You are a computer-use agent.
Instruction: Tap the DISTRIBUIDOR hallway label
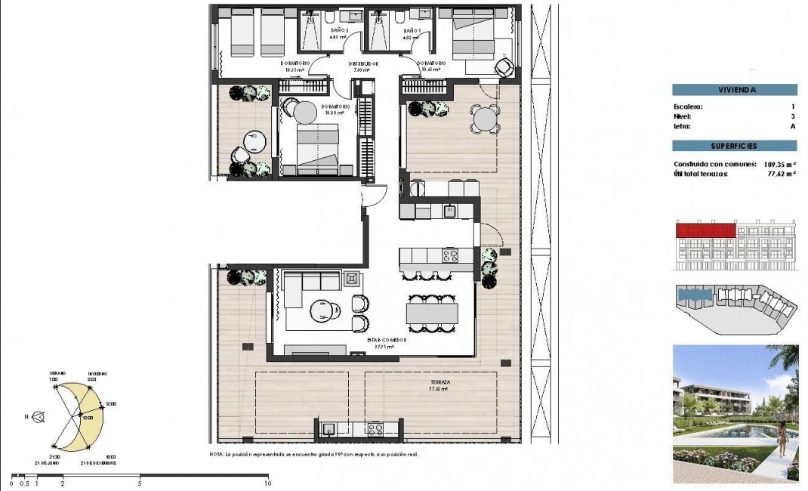(363, 66)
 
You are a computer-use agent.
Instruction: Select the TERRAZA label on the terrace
(439, 383)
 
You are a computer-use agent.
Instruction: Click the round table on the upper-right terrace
(485, 119)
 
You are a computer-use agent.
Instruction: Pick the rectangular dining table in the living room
(432, 311)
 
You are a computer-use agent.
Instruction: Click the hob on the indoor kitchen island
(450, 255)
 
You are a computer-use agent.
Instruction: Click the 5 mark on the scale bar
(140, 481)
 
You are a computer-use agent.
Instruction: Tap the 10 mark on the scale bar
(267, 481)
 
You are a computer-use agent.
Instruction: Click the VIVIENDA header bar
(734, 90)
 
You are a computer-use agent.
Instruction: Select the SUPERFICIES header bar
(734, 146)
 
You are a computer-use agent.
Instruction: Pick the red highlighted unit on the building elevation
(705, 229)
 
